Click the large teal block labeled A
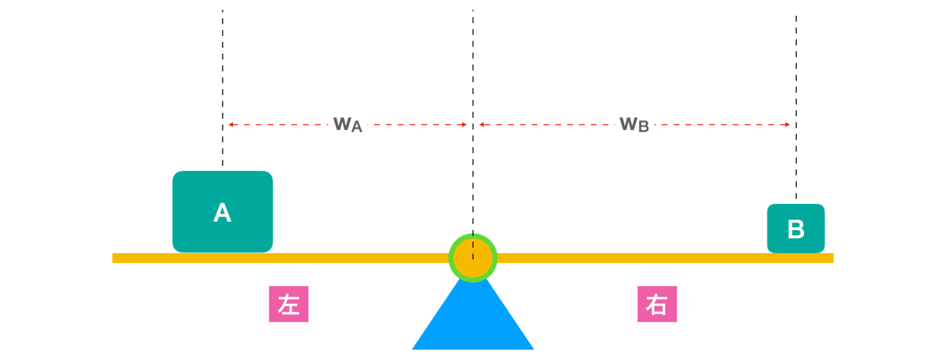tap(223, 211)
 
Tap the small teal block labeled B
tap(796, 229)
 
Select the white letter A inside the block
tap(223, 214)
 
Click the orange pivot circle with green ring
tap(473, 258)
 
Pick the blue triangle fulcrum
tap(473, 321)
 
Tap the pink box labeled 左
tap(288, 305)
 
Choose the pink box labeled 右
tap(657, 305)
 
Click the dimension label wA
tap(347, 124)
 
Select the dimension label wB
tap(634, 124)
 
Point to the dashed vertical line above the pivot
tap(473, 75)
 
